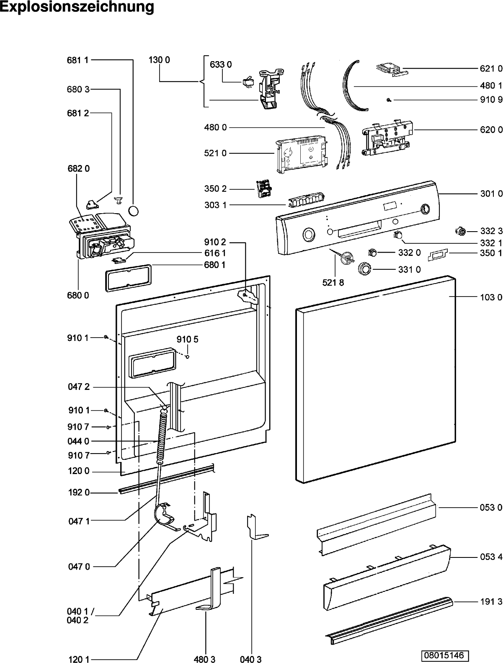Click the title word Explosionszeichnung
pyautogui.click(x=77, y=7)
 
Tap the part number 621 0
pyautogui.click(x=491, y=68)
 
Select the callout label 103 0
pyautogui.click(x=491, y=297)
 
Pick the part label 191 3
pyautogui.click(x=491, y=601)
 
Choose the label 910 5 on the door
pyautogui.click(x=187, y=339)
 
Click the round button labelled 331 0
pyautogui.click(x=365, y=269)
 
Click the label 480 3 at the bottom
pyautogui.click(x=205, y=659)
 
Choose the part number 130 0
pyautogui.click(x=159, y=60)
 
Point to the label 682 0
pyautogui.click(x=78, y=168)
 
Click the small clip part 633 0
pyautogui.click(x=247, y=81)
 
